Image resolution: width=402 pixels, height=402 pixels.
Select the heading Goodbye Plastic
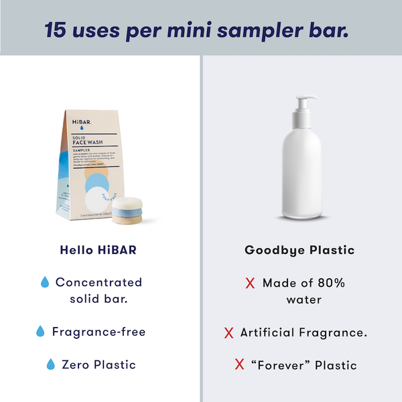(x=299, y=251)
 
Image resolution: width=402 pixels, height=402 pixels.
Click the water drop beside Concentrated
(x=46, y=283)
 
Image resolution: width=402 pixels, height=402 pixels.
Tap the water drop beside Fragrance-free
(x=40, y=332)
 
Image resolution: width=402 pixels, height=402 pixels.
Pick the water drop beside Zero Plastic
(x=50, y=365)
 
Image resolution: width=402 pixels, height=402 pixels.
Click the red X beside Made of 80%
(x=251, y=283)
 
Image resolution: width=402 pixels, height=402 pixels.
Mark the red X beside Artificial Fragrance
(x=228, y=332)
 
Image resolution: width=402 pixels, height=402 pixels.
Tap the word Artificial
(x=267, y=332)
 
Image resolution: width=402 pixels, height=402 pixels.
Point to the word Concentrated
(x=98, y=283)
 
